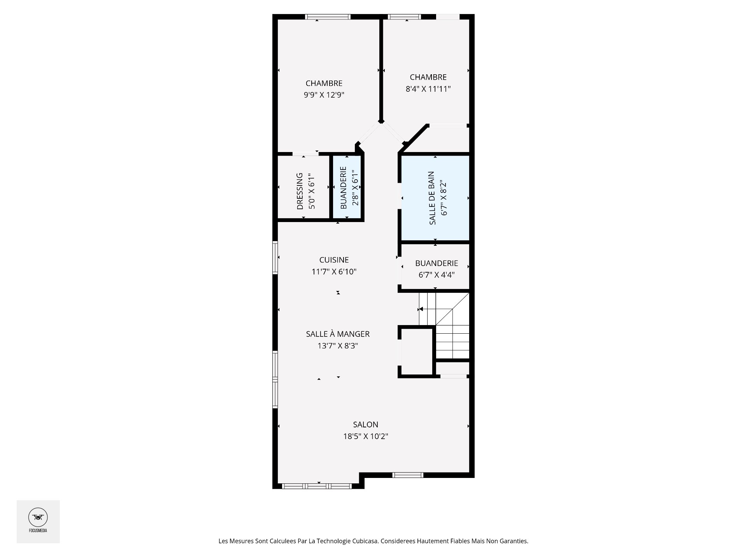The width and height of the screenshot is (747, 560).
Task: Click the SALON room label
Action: (365, 425)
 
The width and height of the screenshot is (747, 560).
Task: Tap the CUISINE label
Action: (334, 260)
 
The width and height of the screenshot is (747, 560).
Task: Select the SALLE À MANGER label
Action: (338, 334)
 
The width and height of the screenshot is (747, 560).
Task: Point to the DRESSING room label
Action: (300, 191)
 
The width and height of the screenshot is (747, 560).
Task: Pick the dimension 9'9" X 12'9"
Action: (324, 95)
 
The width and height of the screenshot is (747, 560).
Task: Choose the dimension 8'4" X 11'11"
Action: (428, 89)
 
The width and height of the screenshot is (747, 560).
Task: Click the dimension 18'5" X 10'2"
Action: (365, 436)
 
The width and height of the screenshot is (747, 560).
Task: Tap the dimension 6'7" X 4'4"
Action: (437, 275)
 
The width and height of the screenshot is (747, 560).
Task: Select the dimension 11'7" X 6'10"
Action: (334, 271)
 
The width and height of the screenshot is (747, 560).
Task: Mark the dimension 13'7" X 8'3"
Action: (338, 345)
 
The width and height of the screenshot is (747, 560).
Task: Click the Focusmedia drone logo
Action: (38, 518)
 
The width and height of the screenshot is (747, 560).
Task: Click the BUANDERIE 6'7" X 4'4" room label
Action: (437, 263)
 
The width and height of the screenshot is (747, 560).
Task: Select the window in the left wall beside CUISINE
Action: (275, 257)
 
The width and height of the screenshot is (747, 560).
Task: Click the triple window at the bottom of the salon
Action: (317, 486)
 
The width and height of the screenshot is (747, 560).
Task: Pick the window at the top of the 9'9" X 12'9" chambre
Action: (328, 17)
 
